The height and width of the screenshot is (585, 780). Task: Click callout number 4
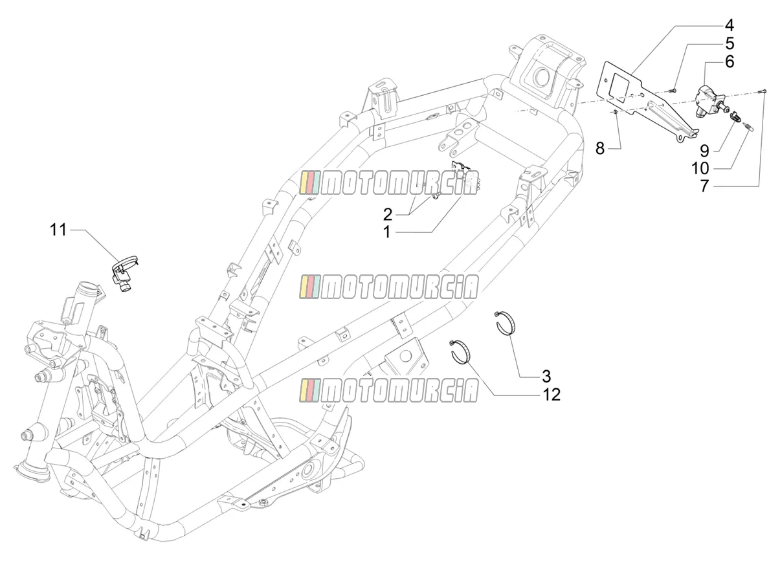point(729,26)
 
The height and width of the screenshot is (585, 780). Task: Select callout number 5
point(730,44)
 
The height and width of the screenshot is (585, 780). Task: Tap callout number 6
point(730,62)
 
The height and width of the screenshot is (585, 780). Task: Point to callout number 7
point(705,186)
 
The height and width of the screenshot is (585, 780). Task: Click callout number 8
point(600,148)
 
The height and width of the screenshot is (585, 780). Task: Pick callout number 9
point(704,151)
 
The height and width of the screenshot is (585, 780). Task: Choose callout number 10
point(700,168)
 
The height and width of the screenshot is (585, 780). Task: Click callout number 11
point(58,230)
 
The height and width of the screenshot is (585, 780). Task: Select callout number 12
point(552,395)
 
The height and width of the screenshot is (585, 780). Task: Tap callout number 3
point(547,376)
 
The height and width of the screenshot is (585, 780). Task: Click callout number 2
point(387,215)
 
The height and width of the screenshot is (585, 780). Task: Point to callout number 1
point(386,232)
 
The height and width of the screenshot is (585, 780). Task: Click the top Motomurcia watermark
point(388,183)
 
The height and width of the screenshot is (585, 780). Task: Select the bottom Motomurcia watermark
point(388,390)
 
